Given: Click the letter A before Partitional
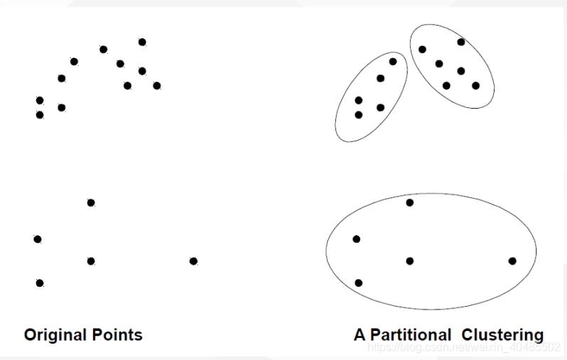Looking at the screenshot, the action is pos(360,334).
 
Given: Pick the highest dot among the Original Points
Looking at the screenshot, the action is pos(142,42).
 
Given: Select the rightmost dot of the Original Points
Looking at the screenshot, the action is pos(193,261).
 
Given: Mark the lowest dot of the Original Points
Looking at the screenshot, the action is pos(40,283).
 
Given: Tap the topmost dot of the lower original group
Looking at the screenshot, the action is pos(91,202).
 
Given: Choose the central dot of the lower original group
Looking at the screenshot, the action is pos(91,261).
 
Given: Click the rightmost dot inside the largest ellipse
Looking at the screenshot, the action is pos(512,261).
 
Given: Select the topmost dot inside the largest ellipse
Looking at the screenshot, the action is pos(410,202).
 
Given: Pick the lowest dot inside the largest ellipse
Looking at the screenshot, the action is pos(359,283).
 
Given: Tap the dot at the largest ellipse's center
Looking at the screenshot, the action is pos(410,261).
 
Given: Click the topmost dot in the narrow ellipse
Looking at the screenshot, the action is pos(393,62).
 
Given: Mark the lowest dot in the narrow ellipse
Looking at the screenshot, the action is pos(358,114).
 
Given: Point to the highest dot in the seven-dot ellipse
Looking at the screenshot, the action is pos(461,42).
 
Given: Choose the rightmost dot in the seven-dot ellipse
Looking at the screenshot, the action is pos(475,85).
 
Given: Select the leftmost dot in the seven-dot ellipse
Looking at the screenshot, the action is pos(422,49).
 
